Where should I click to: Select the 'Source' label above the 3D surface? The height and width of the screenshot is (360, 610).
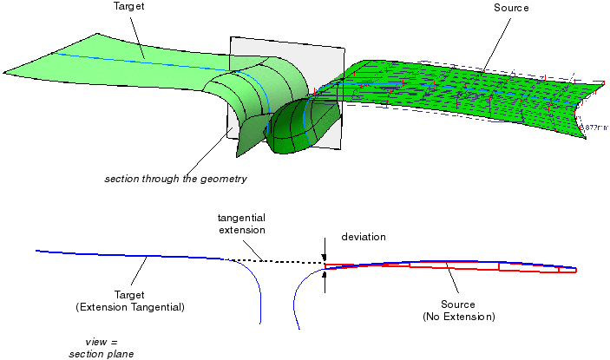coord(511,7)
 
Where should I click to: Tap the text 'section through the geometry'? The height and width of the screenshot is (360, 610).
coord(176,180)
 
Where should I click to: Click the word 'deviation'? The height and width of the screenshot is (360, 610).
coord(364,236)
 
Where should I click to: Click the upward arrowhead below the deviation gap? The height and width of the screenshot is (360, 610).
coord(325,277)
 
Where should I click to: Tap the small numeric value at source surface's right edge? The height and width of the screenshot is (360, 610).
coord(595,128)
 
